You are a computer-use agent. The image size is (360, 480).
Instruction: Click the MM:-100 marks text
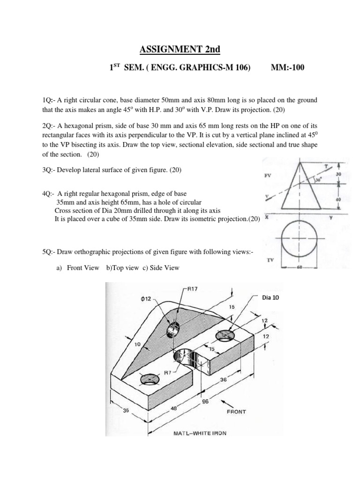point(287,68)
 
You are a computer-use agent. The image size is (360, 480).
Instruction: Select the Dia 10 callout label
point(273,297)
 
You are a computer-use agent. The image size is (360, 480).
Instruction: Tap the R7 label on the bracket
point(167,373)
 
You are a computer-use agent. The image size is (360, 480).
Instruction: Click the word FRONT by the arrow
point(236,412)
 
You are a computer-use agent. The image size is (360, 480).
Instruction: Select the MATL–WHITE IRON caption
point(197,433)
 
